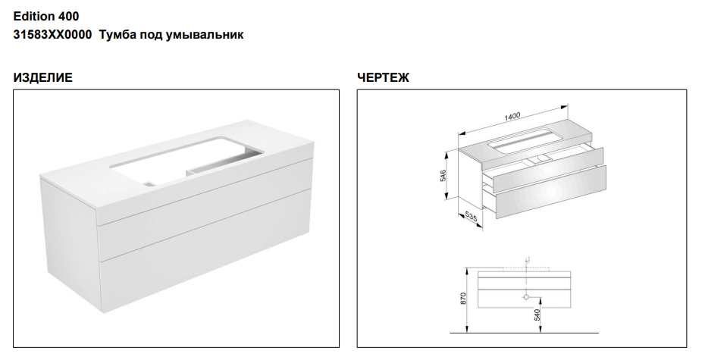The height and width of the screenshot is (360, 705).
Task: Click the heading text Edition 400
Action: click(45, 17)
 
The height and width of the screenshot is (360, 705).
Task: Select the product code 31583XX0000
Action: click(52, 35)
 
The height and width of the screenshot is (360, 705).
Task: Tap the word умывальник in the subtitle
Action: click(205, 35)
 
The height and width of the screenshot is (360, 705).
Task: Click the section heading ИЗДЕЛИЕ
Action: click(42, 78)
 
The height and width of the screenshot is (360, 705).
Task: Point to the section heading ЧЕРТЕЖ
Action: click(383, 78)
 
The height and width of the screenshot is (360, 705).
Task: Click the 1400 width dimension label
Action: click(512, 117)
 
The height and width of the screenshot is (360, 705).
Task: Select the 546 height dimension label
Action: click(443, 175)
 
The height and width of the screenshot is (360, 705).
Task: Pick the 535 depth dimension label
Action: click(471, 217)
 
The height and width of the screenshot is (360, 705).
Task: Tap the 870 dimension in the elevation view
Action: click(463, 298)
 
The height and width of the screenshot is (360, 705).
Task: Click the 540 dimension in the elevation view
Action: click(537, 315)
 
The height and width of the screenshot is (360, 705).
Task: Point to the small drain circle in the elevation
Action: click(526, 296)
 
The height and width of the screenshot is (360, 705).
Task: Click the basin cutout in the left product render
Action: click(186, 161)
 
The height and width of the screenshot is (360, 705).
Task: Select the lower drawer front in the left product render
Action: click(206, 252)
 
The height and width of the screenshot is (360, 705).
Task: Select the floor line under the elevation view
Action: click(525, 333)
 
